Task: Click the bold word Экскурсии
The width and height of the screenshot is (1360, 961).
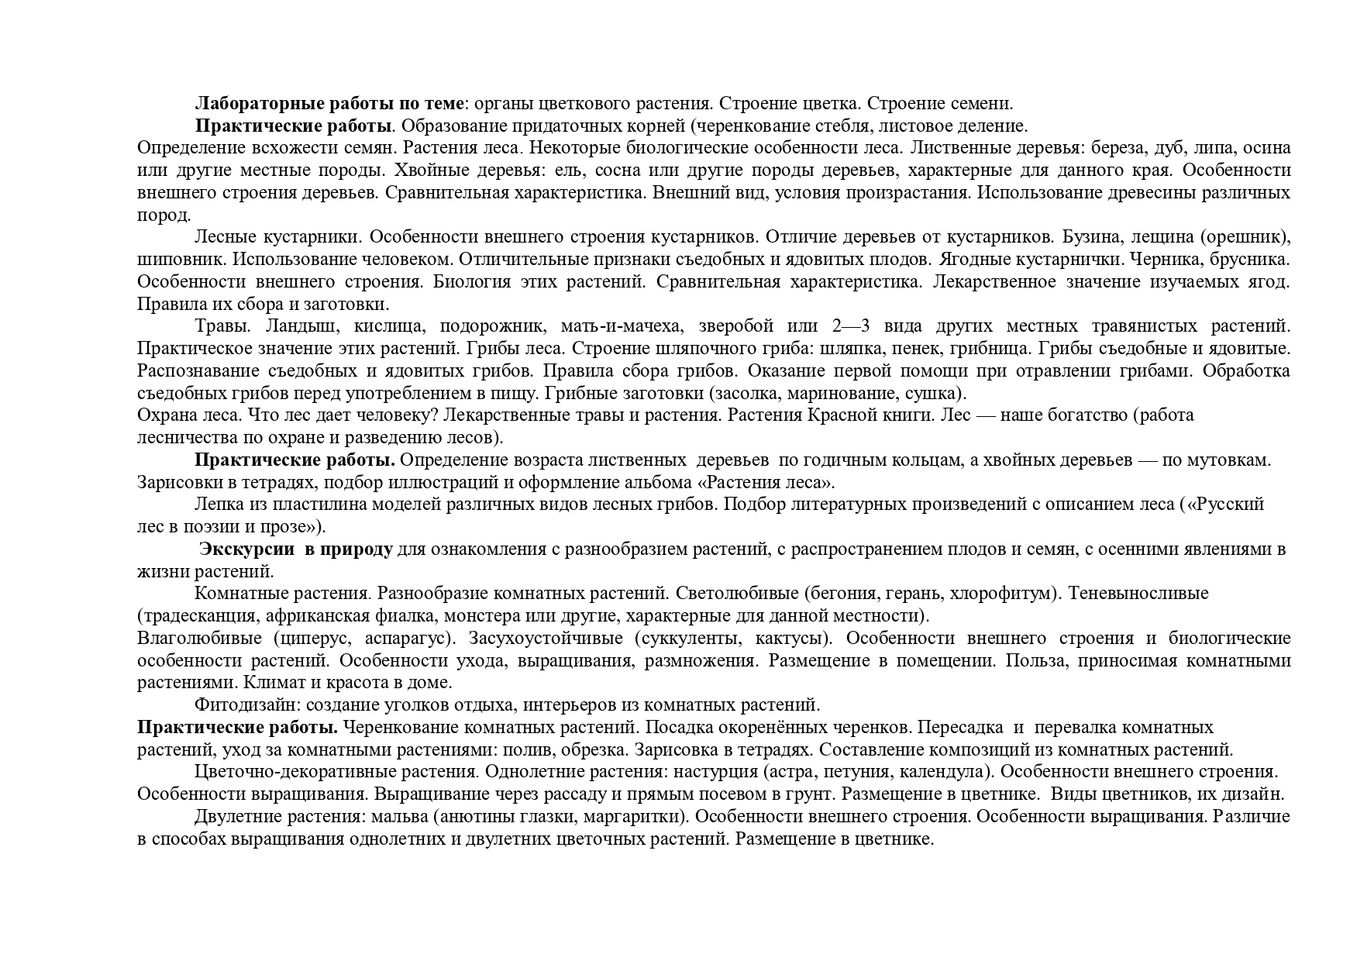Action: (x=247, y=549)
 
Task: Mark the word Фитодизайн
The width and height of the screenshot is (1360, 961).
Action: (x=247, y=706)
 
